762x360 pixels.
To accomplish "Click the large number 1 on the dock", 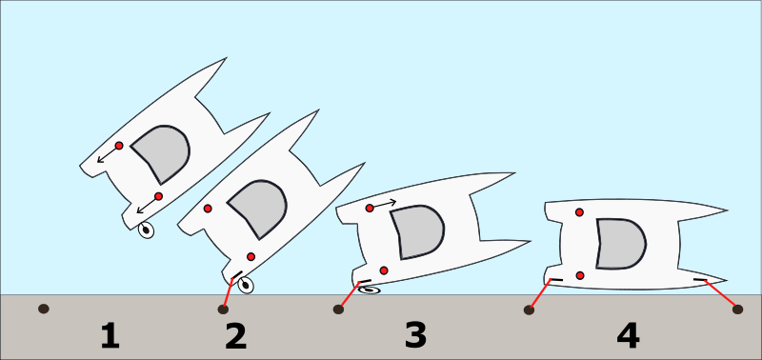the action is coord(110,337).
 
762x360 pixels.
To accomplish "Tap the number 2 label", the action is coord(235,337).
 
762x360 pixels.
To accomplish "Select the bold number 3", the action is coord(415,335).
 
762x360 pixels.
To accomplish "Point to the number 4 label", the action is coord(628,336).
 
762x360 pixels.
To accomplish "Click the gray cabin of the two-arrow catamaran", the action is coord(161,153).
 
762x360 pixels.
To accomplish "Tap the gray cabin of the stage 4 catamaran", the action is coord(621,244).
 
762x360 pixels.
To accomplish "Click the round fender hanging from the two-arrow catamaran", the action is coord(146,230).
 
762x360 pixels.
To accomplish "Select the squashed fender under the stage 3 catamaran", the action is coord(370,290).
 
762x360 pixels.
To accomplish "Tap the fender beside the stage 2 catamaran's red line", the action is coord(246,285).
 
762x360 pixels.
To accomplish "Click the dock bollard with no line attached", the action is coord(44,309).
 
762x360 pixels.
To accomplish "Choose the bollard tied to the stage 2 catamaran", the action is coord(223,309).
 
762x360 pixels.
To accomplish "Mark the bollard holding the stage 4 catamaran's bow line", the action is coord(737,309).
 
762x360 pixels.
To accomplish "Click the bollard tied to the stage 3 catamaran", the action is coord(338,309).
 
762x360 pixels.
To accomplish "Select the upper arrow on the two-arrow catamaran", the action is coord(108,154).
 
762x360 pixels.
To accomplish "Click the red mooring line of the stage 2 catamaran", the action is coord(228,293).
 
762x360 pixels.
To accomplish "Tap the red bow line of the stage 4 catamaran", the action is coord(721,295).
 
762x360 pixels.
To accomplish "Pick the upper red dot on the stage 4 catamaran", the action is coord(579,211).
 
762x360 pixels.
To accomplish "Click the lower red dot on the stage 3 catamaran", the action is coord(384,270).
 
